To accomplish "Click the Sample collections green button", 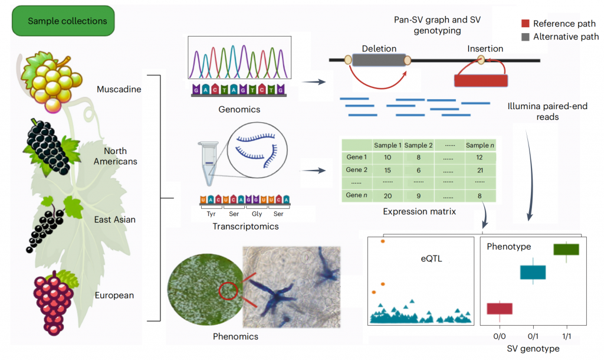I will click(63, 21).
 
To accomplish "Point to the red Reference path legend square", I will click(526, 24).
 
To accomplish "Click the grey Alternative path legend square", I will click(526, 37).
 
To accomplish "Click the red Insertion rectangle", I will click(481, 81).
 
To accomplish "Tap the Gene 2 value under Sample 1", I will click(387, 170).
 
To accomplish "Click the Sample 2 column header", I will click(419, 145).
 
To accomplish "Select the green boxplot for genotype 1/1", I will click(566, 250).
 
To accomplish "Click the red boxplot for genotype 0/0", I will click(500, 309).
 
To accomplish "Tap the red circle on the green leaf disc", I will click(228, 291).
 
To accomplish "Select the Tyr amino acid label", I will click(211, 215).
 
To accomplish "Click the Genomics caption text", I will click(239, 109).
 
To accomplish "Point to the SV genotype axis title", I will click(533, 349).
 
